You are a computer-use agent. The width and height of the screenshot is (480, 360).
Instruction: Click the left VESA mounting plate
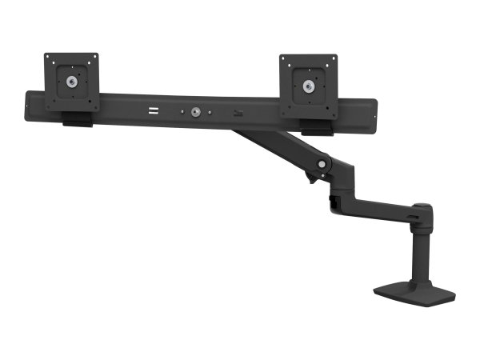(71, 82)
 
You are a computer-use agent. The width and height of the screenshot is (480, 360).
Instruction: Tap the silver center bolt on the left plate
(72, 82)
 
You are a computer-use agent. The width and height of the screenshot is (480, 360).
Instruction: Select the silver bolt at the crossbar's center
(194, 114)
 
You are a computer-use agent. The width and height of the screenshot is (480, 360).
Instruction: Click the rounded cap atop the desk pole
(423, 211)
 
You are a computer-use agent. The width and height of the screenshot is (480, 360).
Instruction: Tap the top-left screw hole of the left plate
(50, 59)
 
